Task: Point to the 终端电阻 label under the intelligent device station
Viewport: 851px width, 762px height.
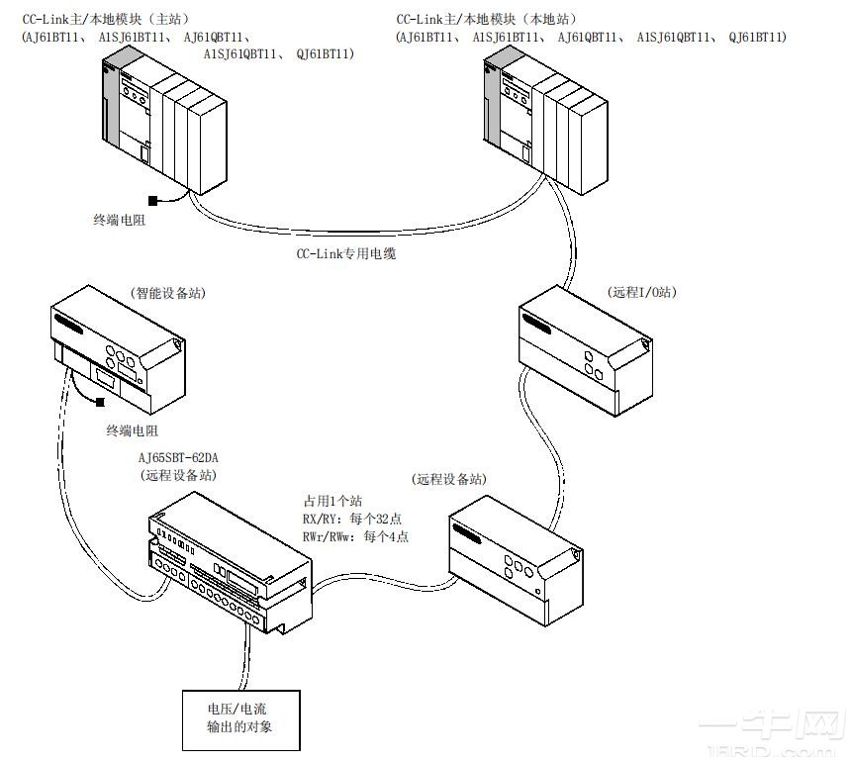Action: coord(133,430)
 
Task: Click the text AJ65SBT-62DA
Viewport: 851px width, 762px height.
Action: coord(177,459)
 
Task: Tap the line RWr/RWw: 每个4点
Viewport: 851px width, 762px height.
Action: coord(355,537)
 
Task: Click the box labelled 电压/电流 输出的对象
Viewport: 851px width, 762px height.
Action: coord(237,719)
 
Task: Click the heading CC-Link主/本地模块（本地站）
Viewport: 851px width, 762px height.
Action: coord(487,19)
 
